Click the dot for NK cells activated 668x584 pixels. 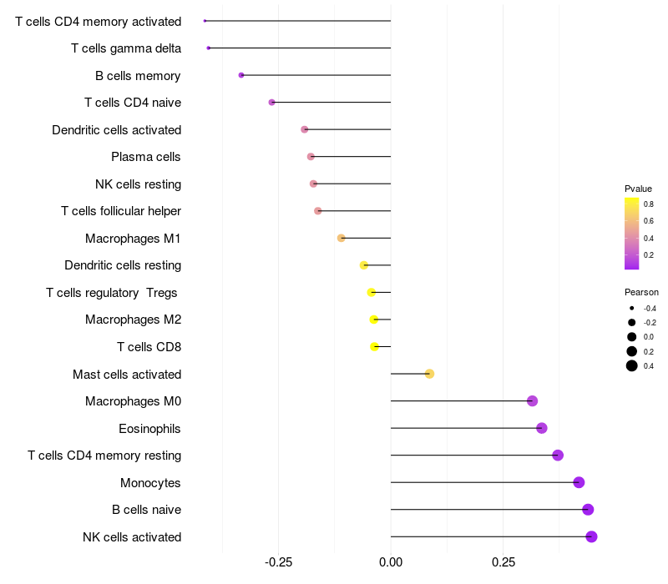pyautogui.click(x=591, y=536)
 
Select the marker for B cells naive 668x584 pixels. pyautogui.click(x=588, y=510)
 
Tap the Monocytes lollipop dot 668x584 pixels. pyautogui.click(x=579, y=482)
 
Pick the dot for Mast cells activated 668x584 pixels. pyautogui.click(x=429, y=374)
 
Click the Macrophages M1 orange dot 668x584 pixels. pyautogui.click(x=341, y=238)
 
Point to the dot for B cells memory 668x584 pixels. pyautogui.click(x=241, y=75)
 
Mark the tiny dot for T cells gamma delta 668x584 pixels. pyautogui.click(x=209, y=48)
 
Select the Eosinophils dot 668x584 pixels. pyautogui.click(x=542, y=428)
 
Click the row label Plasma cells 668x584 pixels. pyautogui.click(x=146, y=157)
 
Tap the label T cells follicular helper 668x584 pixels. pyautogui.click(x=121, y=211)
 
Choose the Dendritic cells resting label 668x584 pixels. pyautogui.click(x=123, y=265)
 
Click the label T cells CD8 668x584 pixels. pyautogui.click(x=149, y=347)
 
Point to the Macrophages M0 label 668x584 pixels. pyautogui.click(x=134, y=401)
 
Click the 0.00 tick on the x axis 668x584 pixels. pyautogui.click(x=391, y=562)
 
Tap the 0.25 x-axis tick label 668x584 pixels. pyautogui.click(x=504, y=562)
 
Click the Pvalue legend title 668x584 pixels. pyautogui.click(x=638, y=189)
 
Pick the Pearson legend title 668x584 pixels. pyautogui.click(x=641, y=292)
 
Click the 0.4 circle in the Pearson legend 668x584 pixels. pyautogui.click(x=632, y=365)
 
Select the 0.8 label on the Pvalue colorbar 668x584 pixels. pyautogui.click(x=648, y=203)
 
